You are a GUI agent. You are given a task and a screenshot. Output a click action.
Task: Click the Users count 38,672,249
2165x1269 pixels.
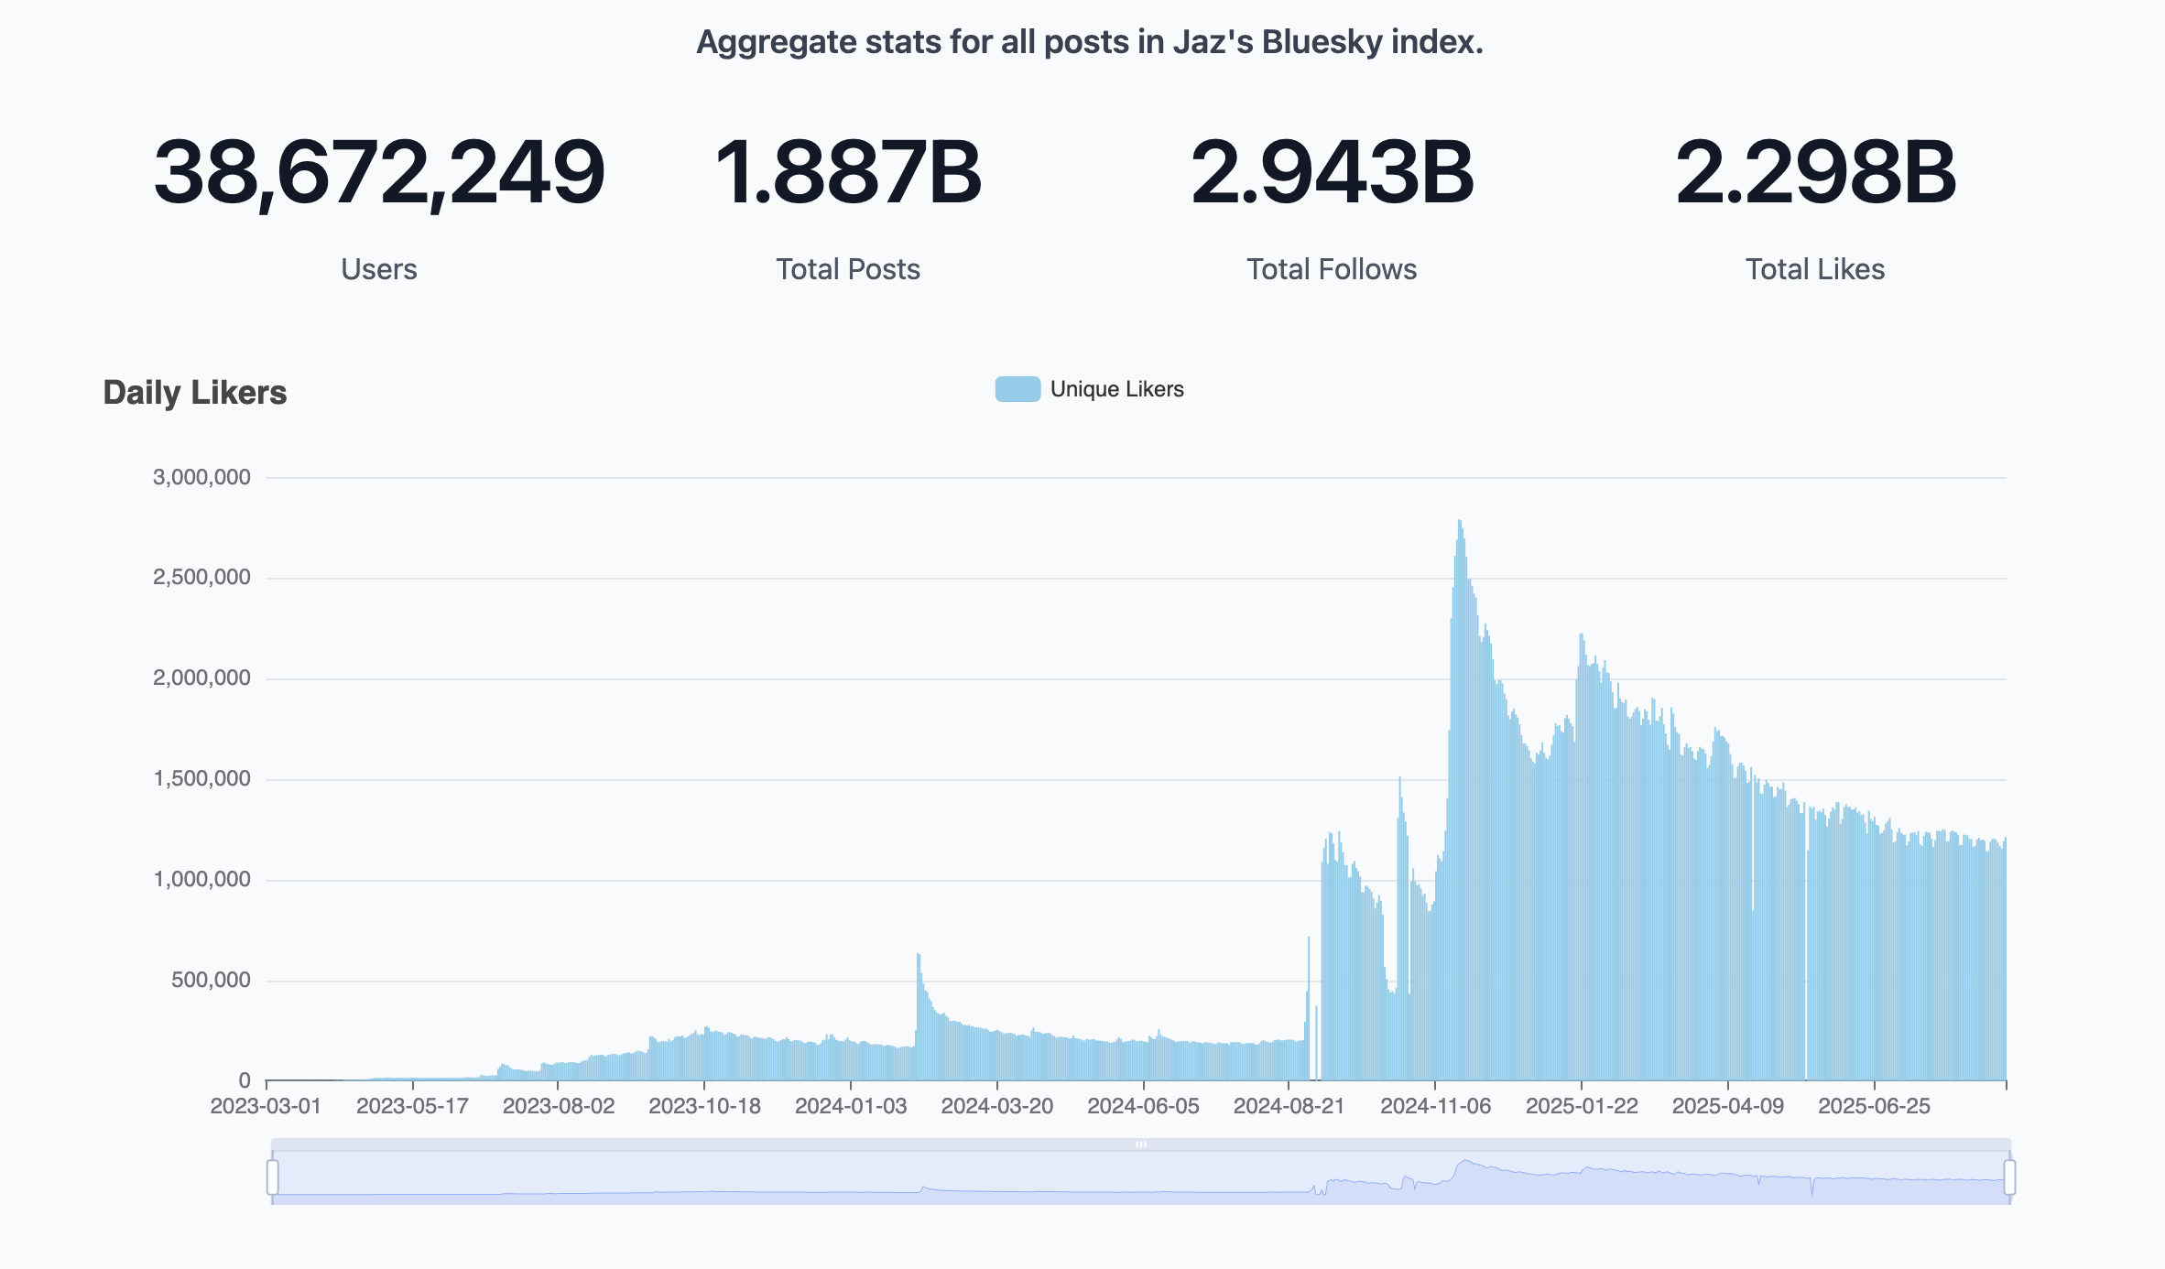pyautogui.click(x=379, y=172)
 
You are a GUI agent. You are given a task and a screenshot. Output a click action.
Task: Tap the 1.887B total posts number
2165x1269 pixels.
pyautogui.click(x=847, y=172)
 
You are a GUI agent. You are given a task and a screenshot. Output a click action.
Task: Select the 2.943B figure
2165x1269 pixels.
pyautogui.click(x=1332, y=172)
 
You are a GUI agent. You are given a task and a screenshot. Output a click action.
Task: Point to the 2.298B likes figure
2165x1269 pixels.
pyautogui.click(x=1815, y=172)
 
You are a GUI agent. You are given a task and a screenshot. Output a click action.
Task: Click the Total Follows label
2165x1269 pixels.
pyautogui.click(x=1332, y=269)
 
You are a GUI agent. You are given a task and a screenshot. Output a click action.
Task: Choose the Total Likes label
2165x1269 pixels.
pyautogui.click(x=1815, y=269)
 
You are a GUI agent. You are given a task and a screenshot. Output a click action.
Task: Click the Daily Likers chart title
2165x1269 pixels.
pyautogui.click(x=195, y=393)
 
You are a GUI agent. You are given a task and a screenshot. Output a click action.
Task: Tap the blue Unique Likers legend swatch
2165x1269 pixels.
pyautogui.click(x=1017, y=389)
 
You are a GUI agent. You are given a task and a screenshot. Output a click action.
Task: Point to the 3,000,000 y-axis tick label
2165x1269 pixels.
pyautogui.click(x=201, y=477)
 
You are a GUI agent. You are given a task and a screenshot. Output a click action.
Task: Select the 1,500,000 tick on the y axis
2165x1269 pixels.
pyautogui.click(x=201, y=779)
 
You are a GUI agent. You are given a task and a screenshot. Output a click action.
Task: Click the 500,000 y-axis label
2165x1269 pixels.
pyautogui.click(x=211, y=981)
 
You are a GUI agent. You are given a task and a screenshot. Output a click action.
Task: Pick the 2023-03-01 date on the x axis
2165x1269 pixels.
pyautogui.click(x=266, y=1106)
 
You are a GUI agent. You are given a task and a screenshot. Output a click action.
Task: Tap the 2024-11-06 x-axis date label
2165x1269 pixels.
pyautogui.click(x=1435, y=1106)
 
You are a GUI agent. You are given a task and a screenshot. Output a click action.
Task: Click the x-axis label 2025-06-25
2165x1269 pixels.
pyautogui.click(x=1874, y=1106)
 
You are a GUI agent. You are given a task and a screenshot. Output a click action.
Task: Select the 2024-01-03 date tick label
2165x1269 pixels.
pyautogui.click(x=851, y=1106)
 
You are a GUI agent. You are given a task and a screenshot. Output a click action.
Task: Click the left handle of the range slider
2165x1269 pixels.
pyautogui.click(x=273, y=1177)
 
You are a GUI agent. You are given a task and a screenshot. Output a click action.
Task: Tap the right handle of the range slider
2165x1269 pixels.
pyautogui.click(x=2009, y=1177)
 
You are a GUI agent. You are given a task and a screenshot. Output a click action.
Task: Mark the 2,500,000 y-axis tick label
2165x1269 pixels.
pyautogui.click(x=201, y=578)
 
